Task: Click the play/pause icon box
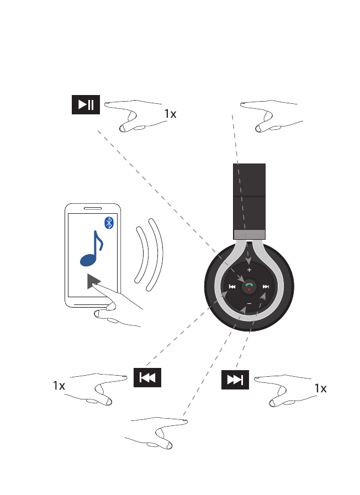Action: tap(86, 106)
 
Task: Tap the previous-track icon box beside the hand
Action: tap(147, 378)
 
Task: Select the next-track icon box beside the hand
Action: tap(235, 379)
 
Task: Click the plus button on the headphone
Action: tap(249, 270)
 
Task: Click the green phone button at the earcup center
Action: tap(249, 286)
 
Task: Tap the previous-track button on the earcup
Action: tap(232, 287)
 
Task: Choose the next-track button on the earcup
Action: tap(266, 287)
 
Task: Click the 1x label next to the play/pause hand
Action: tap(170, 114)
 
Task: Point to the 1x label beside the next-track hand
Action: tap(320, 389)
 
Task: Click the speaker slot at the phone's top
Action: tap(92, 209)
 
